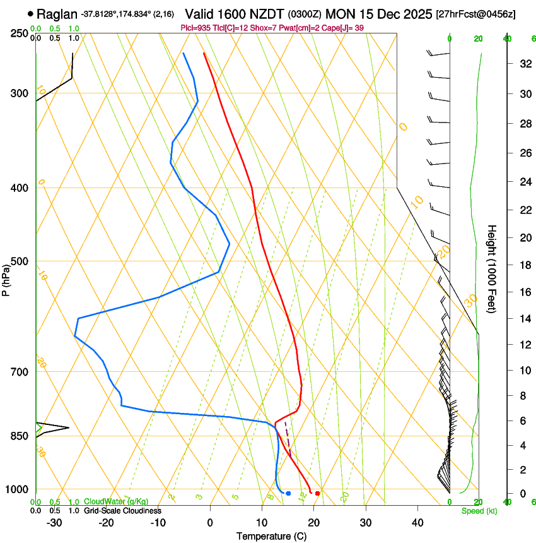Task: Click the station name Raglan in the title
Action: coord(57,14)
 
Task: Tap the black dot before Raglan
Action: coord(30,13)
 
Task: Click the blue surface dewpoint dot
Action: coord(288,493)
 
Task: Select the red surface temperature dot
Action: coord(317,493)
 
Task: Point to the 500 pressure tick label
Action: coord(20,261)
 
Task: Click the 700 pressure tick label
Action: coord(20,371)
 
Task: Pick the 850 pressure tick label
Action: coord(20,436)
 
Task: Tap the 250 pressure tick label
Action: coord(20,33)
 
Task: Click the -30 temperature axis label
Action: coord(54,523)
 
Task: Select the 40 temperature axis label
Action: coord(417,523)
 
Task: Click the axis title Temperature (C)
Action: coord(271,536)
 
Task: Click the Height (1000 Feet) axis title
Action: coord(492,268)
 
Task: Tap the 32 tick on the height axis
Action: coord(523,64)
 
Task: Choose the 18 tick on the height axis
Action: coord(523,265)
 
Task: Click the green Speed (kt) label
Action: coord(479,511)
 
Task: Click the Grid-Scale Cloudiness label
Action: coord(122,511)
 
